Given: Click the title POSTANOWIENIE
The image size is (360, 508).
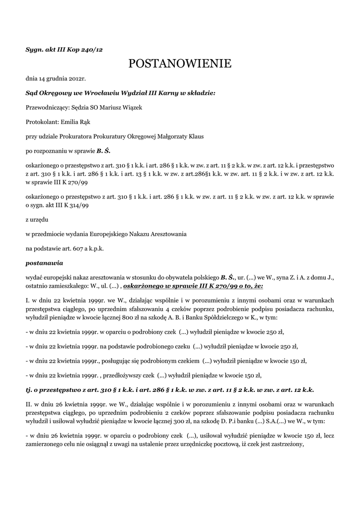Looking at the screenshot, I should pyautogui.click(x=180, y=63).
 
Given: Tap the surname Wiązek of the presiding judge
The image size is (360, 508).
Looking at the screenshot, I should pyautogui.click(x=131, y=108).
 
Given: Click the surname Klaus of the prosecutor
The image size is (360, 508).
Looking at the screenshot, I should pyautogui.click(x=195, y=136).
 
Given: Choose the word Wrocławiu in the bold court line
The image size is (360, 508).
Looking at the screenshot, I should pyautogui.click(x=87, y=93).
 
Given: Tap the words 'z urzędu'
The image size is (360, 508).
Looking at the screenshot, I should pyautogui.click(x=37, y=219).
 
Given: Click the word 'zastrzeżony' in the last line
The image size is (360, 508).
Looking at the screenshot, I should pyautogui.click(x=280, y=444).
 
